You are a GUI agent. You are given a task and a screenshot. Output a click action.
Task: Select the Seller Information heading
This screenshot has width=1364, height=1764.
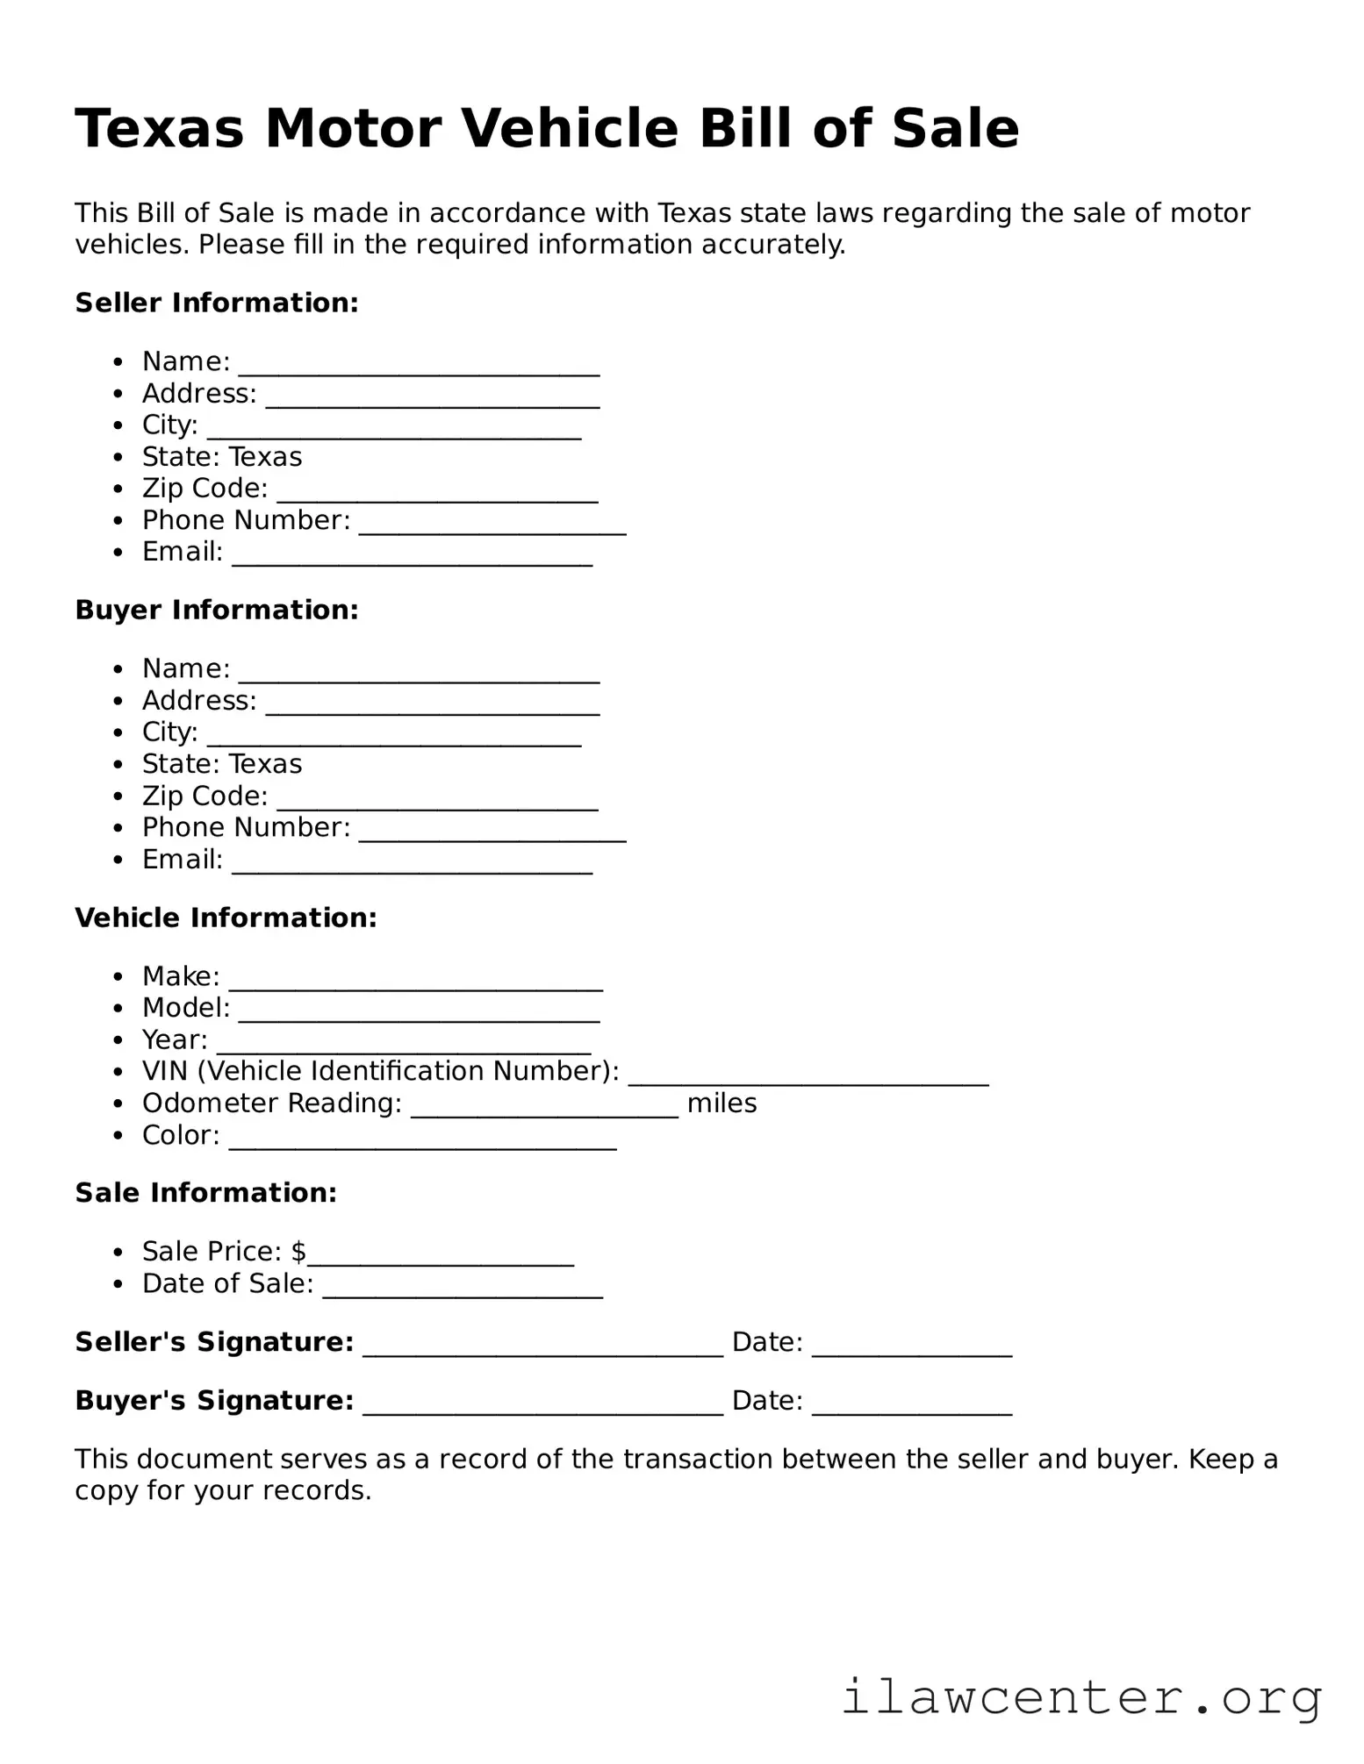pos(217,303)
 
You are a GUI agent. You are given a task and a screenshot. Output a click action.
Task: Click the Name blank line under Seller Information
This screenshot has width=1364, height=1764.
pos(419,368)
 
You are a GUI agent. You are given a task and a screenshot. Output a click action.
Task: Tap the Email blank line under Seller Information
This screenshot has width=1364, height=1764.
pos(412,559)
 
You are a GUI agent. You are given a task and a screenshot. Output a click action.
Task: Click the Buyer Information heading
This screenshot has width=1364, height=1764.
pos(217,610)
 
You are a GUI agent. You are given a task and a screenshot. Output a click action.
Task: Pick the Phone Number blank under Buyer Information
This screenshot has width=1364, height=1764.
pos(492,834)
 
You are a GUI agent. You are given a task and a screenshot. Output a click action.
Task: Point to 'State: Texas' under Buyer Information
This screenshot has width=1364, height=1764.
pos(222,764)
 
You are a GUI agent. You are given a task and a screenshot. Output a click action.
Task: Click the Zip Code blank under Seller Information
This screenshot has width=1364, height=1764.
pos(437,496)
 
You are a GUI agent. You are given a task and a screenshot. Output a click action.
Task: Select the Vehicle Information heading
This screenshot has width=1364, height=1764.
pos(226,918)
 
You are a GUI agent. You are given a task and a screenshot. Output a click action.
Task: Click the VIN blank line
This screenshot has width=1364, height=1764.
pos(808,1078)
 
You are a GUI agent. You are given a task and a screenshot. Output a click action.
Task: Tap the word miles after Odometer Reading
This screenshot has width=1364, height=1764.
pos(721,1103)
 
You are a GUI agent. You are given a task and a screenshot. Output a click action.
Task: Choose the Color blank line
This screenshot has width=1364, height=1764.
pos(422,1142)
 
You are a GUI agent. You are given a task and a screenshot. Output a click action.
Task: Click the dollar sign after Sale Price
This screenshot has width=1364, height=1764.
pos(299,1251)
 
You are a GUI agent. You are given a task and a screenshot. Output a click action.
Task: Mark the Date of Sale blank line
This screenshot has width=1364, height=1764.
pos(463,1291)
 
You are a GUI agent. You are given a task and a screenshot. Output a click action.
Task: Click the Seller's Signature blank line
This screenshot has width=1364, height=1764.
pos(542,1350)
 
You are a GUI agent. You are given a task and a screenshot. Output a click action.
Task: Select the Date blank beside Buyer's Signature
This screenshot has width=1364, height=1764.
pos(912,1408)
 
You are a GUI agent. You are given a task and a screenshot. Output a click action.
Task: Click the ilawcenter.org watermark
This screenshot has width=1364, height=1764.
pos(1081,1697)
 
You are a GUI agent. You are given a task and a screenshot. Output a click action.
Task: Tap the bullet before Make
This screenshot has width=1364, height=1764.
pos(118,976)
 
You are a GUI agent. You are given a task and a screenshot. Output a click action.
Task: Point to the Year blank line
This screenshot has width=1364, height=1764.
pos(403,1046)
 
